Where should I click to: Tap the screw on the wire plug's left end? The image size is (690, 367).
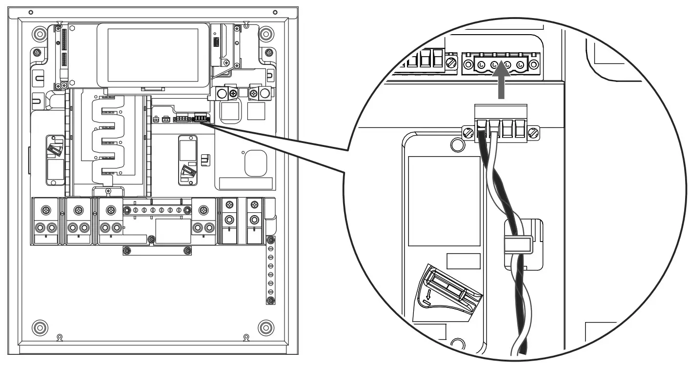[x=467, y=132]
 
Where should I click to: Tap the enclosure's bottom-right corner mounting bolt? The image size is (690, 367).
[x=265, y=326]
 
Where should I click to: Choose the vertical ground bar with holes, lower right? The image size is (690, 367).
[x=270, y=270]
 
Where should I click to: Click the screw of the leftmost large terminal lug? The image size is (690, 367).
[x=45, y=210]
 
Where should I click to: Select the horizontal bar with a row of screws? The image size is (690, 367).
[x=157, y=210]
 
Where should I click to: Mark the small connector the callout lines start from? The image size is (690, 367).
[x=200, y=118]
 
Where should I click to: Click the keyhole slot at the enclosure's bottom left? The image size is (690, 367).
[x=59, y=337]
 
